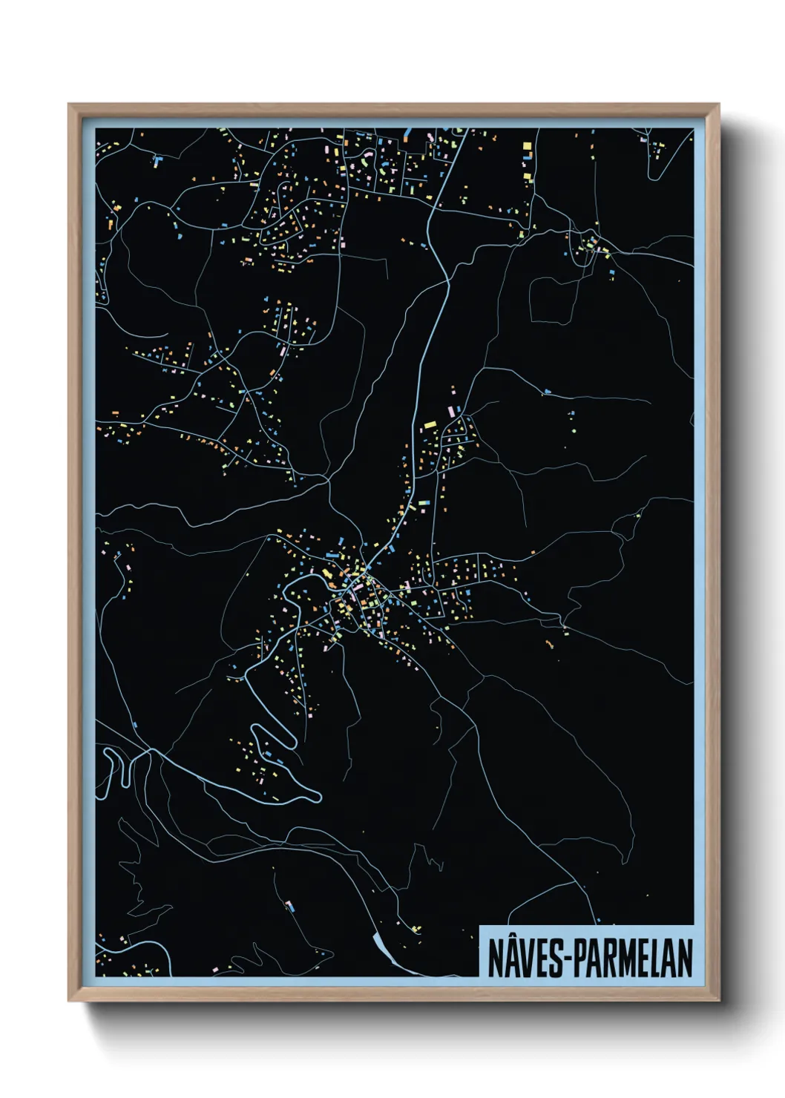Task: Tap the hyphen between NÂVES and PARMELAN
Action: click(568, 960)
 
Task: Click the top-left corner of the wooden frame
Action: click(69, 105)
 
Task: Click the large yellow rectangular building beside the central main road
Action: click(430, 424)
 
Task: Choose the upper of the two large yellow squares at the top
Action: click(528, 146)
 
